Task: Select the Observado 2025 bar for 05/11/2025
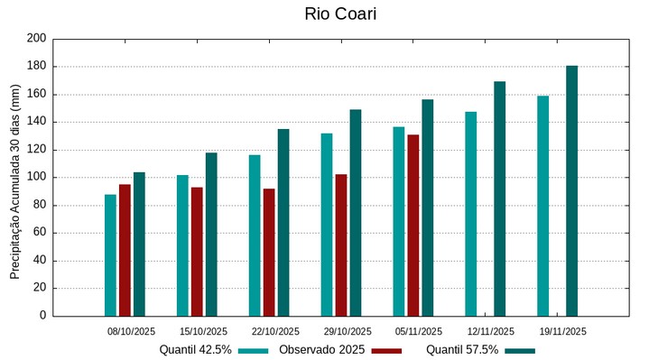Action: point(413,226)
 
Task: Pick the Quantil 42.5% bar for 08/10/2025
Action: point(110,255)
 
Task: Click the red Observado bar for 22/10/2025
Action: point(269,253)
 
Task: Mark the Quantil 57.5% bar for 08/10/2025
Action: point(139,245)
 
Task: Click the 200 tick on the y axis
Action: point(36,39)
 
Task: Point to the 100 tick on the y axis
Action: point(36,178)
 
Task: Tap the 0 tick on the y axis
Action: point(42,317)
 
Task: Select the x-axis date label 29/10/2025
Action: point(348,331)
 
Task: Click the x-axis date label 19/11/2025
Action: point(563,331)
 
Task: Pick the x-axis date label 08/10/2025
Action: point(132,331)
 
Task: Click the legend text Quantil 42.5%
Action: point(196,350)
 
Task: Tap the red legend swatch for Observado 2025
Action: point(386,350)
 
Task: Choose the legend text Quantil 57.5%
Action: point(462,350)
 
